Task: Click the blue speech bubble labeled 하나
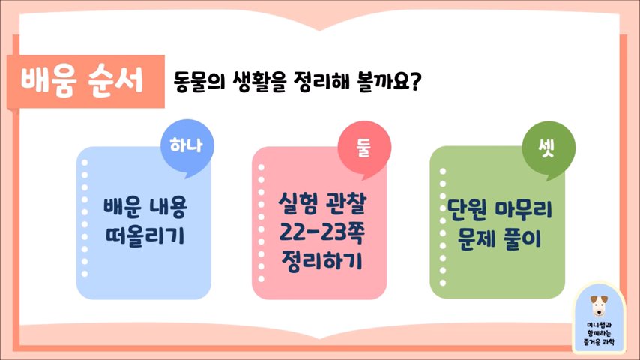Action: point(187,147)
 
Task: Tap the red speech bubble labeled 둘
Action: point(364,148)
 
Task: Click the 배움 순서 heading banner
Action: point(85,82)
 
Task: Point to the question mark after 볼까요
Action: point(414,82)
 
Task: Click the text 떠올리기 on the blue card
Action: point(145,236)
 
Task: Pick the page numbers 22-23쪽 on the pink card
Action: point(321,232)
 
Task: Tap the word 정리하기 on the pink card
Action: point(321,260)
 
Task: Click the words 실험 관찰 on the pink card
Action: point(322,204)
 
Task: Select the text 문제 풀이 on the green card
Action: point(499,238)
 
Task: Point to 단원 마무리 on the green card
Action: point(500,210)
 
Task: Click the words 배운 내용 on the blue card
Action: point(145,208)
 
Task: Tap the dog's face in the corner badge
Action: point(599,306)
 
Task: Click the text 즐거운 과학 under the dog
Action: point(599,341)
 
